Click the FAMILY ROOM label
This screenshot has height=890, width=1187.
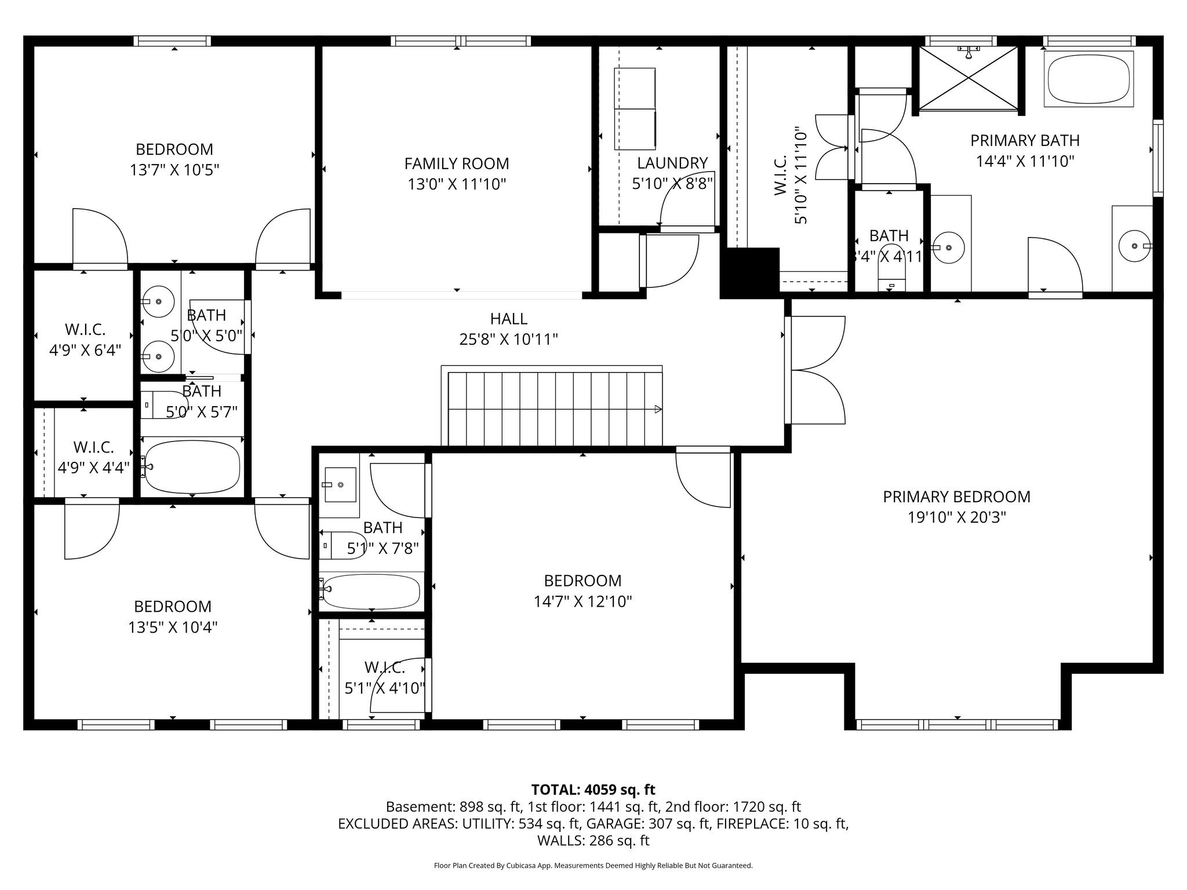pyautogui.click(x=456, y=163)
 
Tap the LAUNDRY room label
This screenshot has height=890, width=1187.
pyautogui.click(x=672, y=163)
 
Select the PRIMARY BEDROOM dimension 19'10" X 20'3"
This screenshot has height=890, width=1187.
pyautogui.click(x=956, y=517)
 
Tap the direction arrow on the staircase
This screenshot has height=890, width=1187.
pyautogui.click(x=657, y=409)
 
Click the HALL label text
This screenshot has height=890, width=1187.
pyautogui.click(x=508, y=319)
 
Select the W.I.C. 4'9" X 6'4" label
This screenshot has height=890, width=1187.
pyautogui.click(x=85, y=340)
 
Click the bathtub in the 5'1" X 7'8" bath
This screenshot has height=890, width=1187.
pyautogui.click(x=371, y=591)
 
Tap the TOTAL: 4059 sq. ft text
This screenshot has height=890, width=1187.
pyautogui.click(x=593, y=789)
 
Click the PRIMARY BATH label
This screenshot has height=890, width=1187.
pyautogui.click(x=1025, y=140)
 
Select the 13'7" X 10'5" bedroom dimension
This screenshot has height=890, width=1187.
pyautogui.click(x=174, y=170)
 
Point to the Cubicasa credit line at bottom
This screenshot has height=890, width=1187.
pyautogui.click(x=593, y=866)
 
